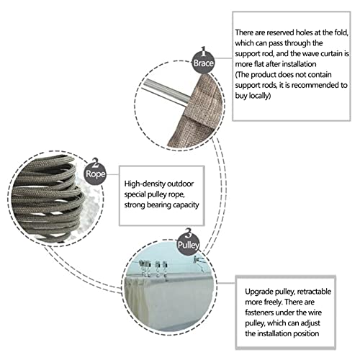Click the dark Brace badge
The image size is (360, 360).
pyautogui.click(x=203, y=63)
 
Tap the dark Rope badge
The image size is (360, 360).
pyautogui.click(x=95, y=174)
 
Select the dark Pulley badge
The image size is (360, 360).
pyautogui.click(x=188, y=245)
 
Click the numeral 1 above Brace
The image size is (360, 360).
pyautogui.click(x=203, y=51)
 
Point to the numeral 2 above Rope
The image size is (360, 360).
pyautogui.click(x=95, y=162)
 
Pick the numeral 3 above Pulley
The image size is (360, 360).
pyautogui.click(x=189, y=233)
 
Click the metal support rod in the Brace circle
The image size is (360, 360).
pyautogui.click(x=166, y=91)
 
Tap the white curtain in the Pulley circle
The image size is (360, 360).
pyautogui.click(x=168, y=302)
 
